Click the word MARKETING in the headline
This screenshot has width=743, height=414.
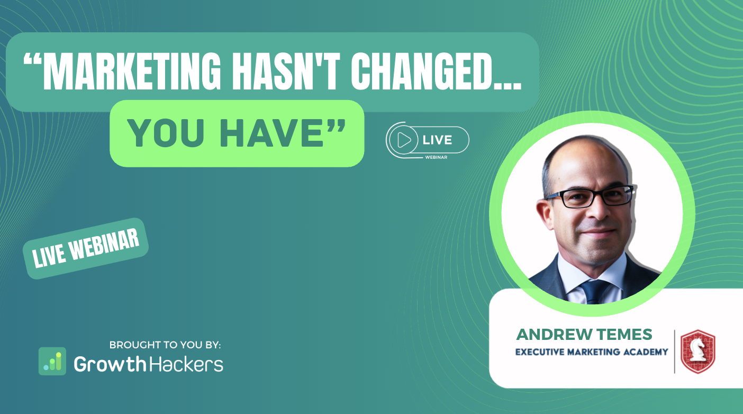tap(132, 71)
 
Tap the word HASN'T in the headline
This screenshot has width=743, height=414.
tap(286, 71)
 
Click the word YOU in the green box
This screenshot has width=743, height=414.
tap(166, 133)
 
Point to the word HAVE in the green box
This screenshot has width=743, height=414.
tap(271, 133)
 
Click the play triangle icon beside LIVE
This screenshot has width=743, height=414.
tap(403, 140)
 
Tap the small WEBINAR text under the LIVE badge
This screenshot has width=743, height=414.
tap(436, 157)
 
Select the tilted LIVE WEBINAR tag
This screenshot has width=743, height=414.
tap(86, 248)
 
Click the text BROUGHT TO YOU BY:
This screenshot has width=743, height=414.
tap(165, 345)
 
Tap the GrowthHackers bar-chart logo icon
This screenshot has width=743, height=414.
tap(52, 361)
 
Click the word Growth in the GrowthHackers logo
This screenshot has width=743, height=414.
tap(110, 364)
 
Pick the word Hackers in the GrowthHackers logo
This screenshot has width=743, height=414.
tap(186, 364)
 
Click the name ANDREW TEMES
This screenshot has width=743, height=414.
tap(584, 335)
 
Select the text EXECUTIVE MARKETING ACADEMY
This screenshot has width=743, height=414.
tap(592, 352)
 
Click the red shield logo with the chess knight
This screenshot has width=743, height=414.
tap(698, 352)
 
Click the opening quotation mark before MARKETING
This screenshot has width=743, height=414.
tap(32, 60)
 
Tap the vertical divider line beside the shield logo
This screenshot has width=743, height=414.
tap(674, 352)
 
